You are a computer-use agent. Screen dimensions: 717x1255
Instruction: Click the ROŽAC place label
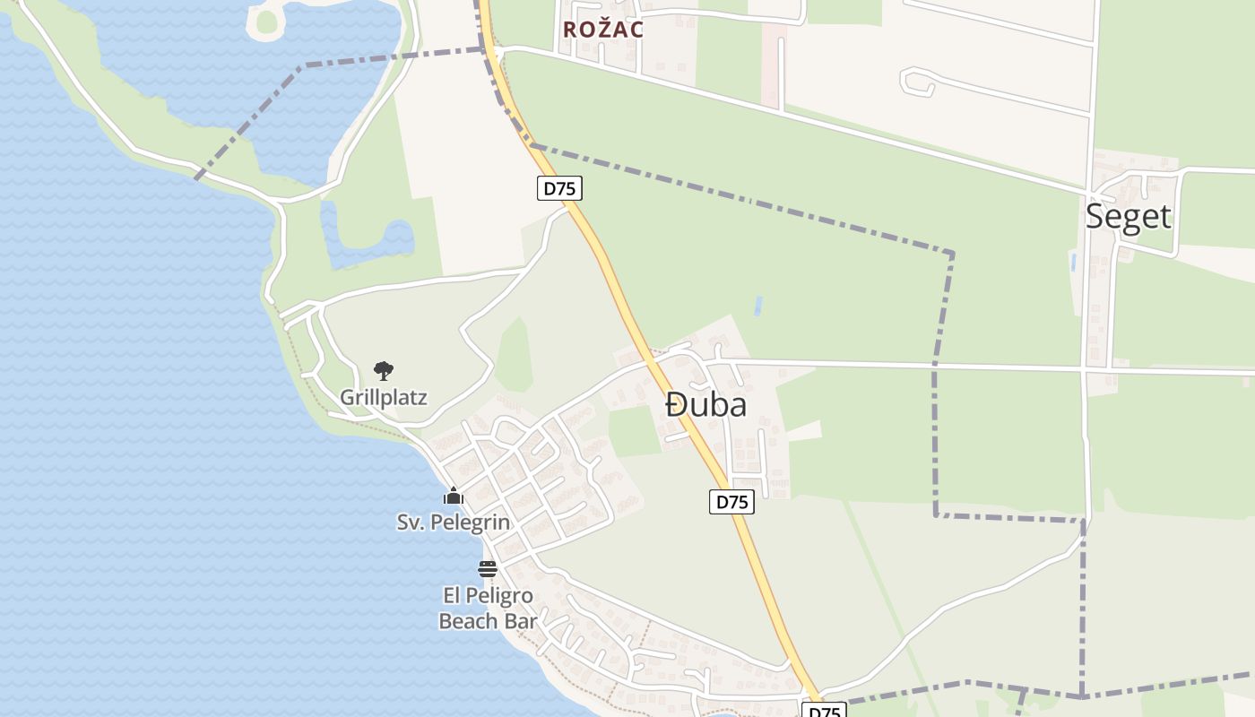pyautogui.click(x=603, y=30)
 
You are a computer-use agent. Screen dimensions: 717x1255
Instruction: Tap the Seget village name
pyautogui.click(x=1128, y=216)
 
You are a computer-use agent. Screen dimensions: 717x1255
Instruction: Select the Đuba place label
pyautogui.click(x=706, y=405)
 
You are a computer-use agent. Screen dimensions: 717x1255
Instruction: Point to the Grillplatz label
pyautogui.click(x=384, y=397)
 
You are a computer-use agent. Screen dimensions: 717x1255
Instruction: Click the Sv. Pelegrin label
pyautogui.click(x=454, y=522)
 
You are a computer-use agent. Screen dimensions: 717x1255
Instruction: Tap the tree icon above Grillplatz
pyautogui.click(x=384, y=370)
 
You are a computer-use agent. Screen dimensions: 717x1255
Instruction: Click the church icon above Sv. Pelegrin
pyautogui.click(x=454, y=496)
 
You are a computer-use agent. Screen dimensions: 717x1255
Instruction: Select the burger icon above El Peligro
pyautogui.click(x=488, y=568)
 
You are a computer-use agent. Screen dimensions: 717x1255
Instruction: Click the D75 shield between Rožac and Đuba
pyautogui.click(x=560, y=188)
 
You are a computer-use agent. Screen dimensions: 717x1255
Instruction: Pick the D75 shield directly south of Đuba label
pyautogui.click(x=732, y=502)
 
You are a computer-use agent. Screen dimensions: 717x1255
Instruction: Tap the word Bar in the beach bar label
pyautogui.click(x=522, y=620)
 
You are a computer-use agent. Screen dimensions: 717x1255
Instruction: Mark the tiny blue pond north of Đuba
pyautogui.click(x=759, y=306)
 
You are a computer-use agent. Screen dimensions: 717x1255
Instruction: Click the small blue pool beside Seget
pyautogui.click(x=1073, y=262)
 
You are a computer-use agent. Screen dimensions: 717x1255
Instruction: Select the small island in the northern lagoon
pyautogui.click(x=267, y=22)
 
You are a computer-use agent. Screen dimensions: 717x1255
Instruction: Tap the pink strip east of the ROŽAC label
pyautogui.click(x=774, y=63)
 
